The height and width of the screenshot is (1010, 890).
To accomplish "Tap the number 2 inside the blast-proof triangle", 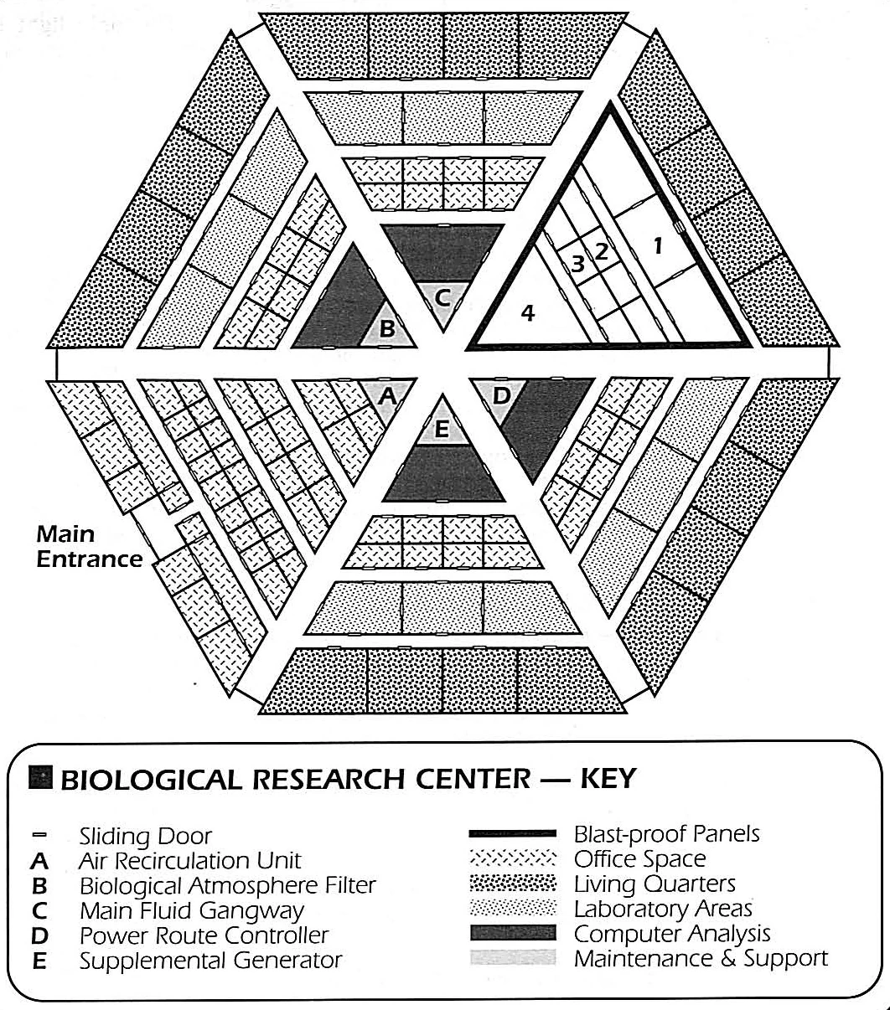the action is coord(601,249).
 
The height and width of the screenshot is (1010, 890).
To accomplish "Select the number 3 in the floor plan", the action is coord(577,262).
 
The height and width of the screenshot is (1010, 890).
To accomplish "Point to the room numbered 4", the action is coord(527,312).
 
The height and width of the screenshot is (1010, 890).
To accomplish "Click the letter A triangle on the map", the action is coord(386,395).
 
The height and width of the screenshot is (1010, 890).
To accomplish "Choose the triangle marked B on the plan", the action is coord(387,329).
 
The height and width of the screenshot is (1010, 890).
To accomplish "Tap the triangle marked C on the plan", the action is coord(443,296).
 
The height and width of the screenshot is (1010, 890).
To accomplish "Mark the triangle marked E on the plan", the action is coord(443,430).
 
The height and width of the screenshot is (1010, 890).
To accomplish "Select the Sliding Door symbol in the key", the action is coord(40,835).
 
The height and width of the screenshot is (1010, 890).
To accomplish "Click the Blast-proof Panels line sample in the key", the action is coord(513,834).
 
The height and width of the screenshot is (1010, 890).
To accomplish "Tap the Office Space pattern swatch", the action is coord(513,859).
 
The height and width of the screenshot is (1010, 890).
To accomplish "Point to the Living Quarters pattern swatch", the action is coord(513,884).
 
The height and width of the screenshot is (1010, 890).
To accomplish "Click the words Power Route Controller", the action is coord(204,935).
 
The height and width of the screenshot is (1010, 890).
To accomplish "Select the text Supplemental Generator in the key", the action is coord(210,960).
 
